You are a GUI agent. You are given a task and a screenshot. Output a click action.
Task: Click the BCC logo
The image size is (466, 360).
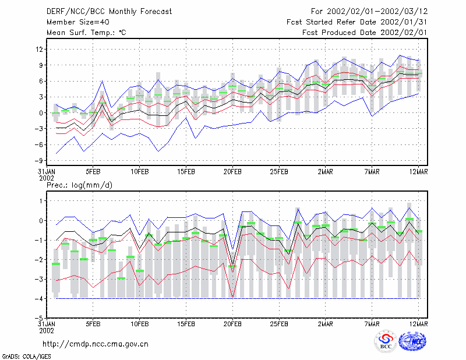pyautogui.click(x=386, y=341)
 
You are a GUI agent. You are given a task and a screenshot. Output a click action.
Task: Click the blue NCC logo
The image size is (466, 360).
pyautogui.click(x=412, y=341)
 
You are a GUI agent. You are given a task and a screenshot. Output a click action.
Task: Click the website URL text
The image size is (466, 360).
pyautogui.click(x=96, y=344)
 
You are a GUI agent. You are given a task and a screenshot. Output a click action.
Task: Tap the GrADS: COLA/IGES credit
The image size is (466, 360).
pyautogui.click(x=26, y=357)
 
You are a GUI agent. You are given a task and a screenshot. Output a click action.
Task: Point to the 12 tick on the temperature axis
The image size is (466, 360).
pyautogui.click(x=39, y=49)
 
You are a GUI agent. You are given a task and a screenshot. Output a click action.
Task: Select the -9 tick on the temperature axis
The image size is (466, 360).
pyautogui.click(x=38, y=161)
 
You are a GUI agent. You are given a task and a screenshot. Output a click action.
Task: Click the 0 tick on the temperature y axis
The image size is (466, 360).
pyautogui.click(x=41, y=113)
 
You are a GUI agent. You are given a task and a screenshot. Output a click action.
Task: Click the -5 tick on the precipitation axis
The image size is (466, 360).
pyautogui.click(x=38, y=318)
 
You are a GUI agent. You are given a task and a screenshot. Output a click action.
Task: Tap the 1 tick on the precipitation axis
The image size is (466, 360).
pyautogui.click(x=41, y=201)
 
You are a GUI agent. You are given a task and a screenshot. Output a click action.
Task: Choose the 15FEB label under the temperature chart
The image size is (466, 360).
pyautogui.click(x=186, y=172)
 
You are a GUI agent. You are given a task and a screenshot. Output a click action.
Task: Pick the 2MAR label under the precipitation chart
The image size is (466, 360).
pyautogui.click(x=326, y=324)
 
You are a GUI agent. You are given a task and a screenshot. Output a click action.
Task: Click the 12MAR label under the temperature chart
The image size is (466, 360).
pyautogui.click(x=418, y=172)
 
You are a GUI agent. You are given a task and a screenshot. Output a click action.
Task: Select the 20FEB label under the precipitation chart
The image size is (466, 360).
pyautogui.click(x=232, y=324)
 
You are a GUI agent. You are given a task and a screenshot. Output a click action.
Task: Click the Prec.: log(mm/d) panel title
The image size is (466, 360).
pyautogui.click(x=80, y=185)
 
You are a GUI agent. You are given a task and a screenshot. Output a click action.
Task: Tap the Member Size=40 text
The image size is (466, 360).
pyautogui.click(x=78, y=22)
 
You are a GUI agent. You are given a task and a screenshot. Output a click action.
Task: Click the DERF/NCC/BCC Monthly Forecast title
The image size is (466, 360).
pyautogui.click(x=110, y=12)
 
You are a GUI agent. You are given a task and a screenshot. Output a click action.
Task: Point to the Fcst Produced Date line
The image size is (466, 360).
pyautogui.click(x=365, y=33)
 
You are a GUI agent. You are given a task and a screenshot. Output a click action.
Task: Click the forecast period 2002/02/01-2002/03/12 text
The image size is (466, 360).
pyautogui.click(x=377, y=12)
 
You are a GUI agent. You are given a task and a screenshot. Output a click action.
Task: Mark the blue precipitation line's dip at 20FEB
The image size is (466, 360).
pyautogui.click(x=232, y=250)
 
